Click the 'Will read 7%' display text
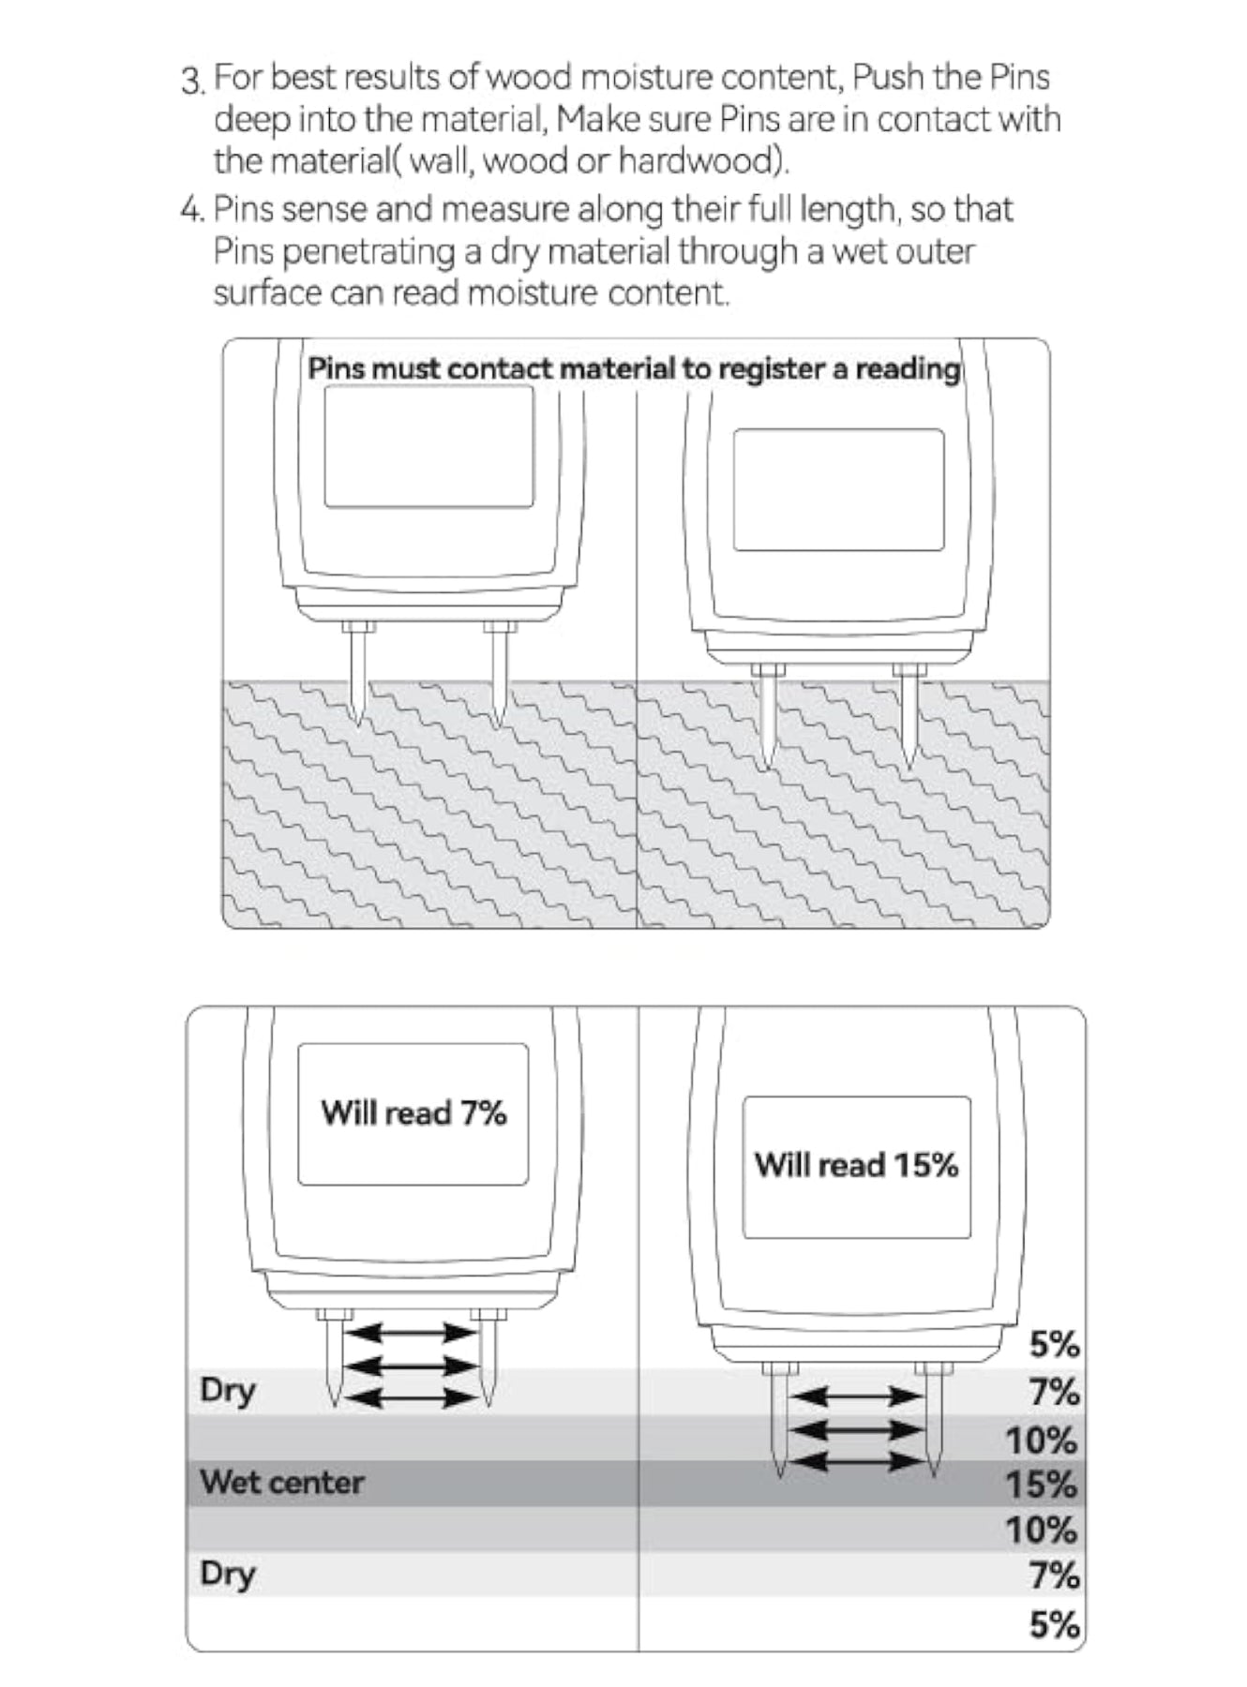pos(413,1112)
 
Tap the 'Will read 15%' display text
pos(856,1165)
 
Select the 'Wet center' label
pos(281,1483)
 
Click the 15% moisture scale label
pos(1042,1485)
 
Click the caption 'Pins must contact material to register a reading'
pos(634,368)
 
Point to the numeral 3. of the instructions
pos(193,81)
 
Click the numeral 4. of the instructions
pos(192,209)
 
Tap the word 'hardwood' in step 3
pos(699,161)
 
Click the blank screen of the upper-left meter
pos(428,446)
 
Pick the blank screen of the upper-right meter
pos(838,489)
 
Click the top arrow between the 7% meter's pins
pos(408,1332)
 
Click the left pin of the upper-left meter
pos(358,675)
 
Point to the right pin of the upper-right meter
pos(909,717)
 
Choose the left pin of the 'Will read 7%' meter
pos(334,1360)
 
